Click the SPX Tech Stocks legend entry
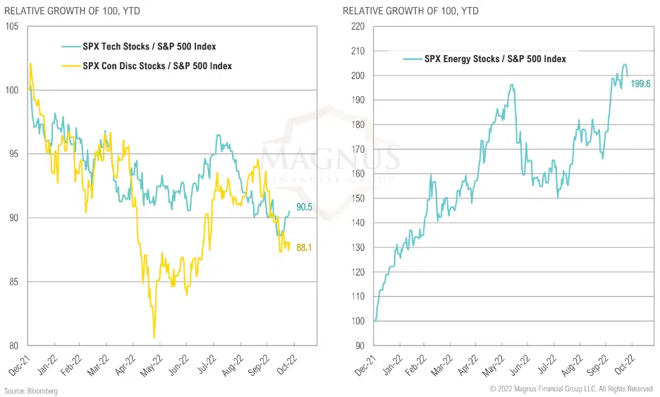149,47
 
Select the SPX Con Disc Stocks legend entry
157,66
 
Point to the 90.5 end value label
304,207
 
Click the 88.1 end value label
304,247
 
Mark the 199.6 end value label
640,84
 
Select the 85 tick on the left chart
13,282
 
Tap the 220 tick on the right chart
357,26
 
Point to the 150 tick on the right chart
357,198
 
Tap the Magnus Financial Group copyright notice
571,389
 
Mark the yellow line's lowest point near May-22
154,338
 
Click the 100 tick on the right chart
357,321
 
